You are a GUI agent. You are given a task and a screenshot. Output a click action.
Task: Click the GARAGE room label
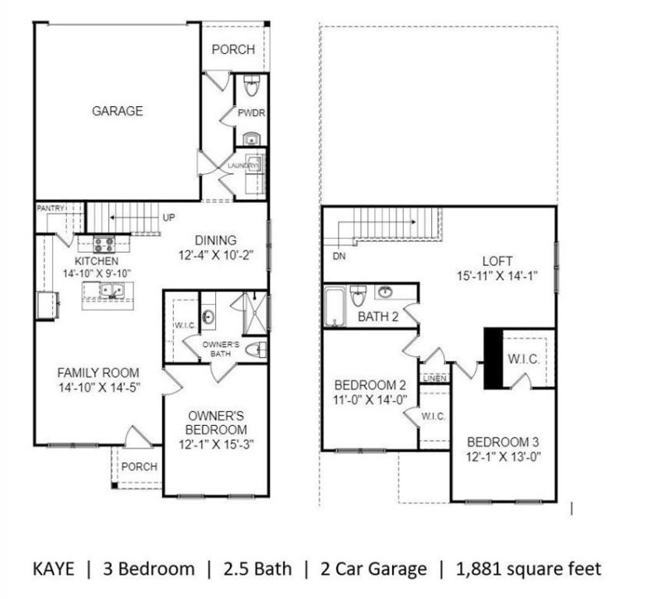117,111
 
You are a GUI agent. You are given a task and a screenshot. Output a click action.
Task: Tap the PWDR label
250,112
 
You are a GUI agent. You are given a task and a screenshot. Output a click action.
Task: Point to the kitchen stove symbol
106,244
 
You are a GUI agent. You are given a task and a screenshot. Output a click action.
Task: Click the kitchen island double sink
108,291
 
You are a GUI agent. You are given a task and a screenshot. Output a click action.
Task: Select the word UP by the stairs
169,218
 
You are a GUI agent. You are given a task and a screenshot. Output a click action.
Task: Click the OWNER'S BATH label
221,349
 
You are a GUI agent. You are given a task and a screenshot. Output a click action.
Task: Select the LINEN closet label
434,378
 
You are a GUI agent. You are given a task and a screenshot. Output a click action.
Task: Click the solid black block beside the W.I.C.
493,357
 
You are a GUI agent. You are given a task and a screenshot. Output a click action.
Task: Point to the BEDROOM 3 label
503,441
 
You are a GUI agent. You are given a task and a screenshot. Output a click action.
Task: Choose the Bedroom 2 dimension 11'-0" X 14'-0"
369,399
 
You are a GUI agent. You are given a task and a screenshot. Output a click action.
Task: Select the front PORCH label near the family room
139,466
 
